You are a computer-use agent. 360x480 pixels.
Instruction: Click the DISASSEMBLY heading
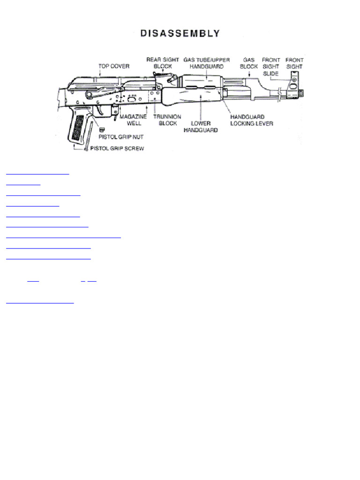coord(180,34)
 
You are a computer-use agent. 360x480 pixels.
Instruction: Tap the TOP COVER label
coord(114,67)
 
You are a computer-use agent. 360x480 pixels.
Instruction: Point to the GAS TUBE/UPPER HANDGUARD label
coord(206,63)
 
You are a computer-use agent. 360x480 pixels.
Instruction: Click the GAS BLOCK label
coord(249,63)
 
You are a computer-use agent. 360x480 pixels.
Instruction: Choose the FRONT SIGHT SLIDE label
coord(270,67)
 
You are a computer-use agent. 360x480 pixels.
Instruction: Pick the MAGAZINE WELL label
coord(134,120)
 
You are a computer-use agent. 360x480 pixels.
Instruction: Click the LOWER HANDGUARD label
coord(200,127)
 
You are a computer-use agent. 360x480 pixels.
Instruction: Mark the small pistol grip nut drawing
coord(101,129)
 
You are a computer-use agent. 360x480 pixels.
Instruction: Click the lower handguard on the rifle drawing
coord(192,99)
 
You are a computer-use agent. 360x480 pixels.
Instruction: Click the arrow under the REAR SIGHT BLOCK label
coord(163,72)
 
